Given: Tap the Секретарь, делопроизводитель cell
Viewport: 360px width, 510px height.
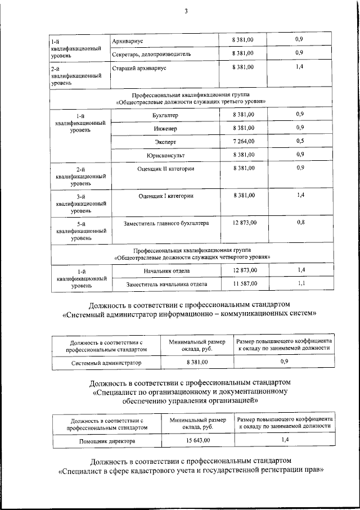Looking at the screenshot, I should click(152, 54).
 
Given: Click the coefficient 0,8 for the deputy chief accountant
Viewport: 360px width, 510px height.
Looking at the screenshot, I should click(300, 223).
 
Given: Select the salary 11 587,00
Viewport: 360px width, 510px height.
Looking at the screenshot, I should click(244, 284).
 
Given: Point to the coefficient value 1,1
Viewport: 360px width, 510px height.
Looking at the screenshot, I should click(301, 283).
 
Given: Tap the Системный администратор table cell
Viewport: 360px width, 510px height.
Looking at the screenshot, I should click(106, 363).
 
